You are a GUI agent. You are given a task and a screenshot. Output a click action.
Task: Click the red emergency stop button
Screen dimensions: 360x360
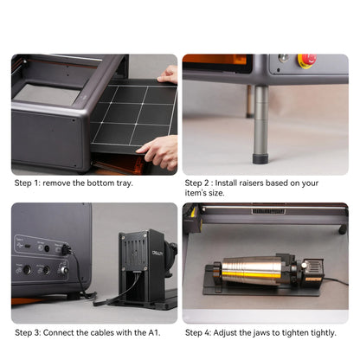(307, 61)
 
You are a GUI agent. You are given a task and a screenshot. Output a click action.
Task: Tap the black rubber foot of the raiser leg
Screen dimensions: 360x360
(260, 158)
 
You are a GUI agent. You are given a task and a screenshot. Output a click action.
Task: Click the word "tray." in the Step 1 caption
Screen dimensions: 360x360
(125, 183)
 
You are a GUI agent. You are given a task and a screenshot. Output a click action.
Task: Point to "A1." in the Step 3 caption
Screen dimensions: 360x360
(154, 332)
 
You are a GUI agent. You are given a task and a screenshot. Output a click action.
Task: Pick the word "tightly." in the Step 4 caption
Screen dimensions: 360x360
(324, 333)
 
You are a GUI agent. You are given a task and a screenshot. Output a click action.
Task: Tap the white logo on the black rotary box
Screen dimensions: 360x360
(157, 253)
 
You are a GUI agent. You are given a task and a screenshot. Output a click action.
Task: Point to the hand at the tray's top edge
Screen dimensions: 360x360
(169, 74)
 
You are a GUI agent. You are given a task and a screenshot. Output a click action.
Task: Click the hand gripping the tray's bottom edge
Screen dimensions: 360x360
(160, 152)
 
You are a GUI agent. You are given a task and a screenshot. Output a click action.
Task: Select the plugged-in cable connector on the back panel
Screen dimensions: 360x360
(66, 249)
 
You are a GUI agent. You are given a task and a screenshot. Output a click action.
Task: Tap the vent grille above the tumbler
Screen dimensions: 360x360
(268, 211)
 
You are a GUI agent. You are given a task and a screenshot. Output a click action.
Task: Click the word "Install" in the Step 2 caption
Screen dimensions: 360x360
(225, 183)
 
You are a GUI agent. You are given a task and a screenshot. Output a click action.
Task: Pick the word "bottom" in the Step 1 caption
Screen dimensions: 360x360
(100, 183)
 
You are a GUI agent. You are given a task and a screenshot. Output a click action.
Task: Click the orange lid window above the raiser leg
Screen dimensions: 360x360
(215, 60)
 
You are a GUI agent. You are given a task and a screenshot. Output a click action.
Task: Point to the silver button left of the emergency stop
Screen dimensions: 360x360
(282, 58)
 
